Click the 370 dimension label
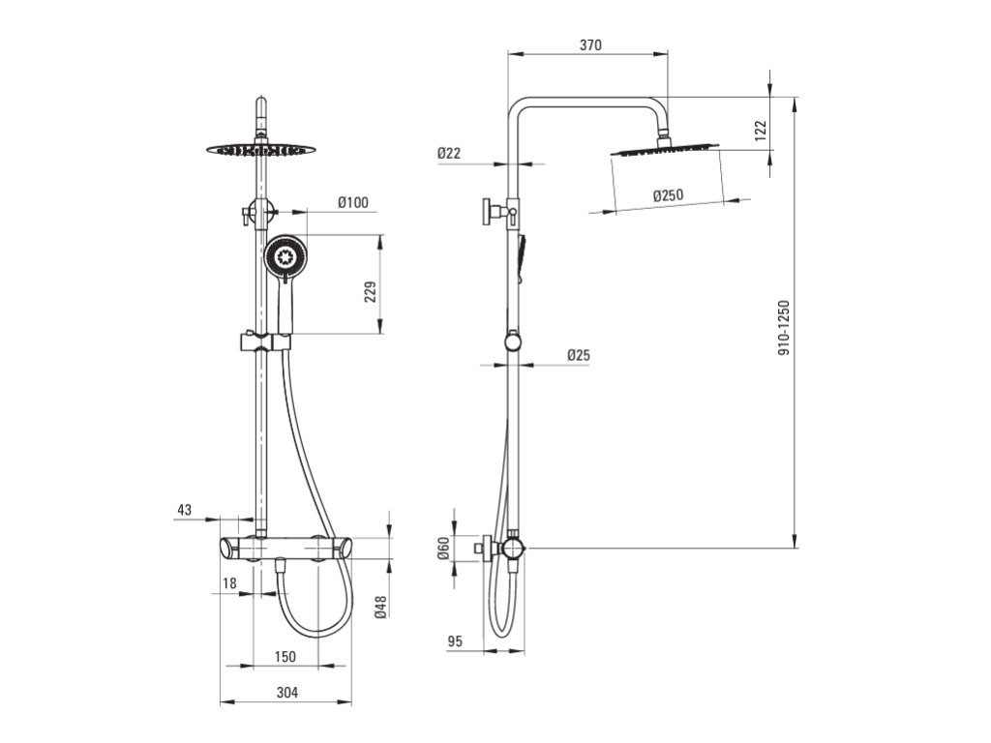(x=590, y=45)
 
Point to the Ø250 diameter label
(x=668, y=195)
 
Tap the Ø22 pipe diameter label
(x=448, y=153)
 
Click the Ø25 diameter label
(x=578, y=355)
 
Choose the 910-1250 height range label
(x=784, y=327)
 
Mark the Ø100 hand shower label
(x=352, y=202)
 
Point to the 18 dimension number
(x=229, y=582)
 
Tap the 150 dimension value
(x=285, y=657)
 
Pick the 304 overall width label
(x=286, y=692)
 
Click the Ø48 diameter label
(x=381, y=606)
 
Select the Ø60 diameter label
(x=444, y=550)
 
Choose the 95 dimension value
(x=456, y=641)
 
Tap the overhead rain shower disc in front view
(x=261, y=149)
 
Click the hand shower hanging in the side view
(x=524, y=257)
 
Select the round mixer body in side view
(x=512, y=550)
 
